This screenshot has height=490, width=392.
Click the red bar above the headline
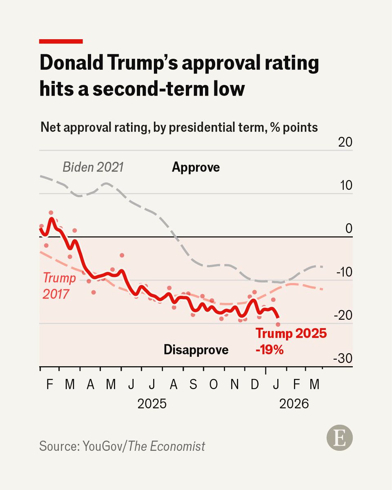tap(61, 41)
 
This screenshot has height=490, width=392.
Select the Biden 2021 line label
tap(93, 167)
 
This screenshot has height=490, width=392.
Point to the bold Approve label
tap(196, 167)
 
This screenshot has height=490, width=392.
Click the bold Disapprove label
tap(196, 350)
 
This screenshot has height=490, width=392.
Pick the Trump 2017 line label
tap(60, 285)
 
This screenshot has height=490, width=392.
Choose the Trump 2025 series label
tap(291, 334)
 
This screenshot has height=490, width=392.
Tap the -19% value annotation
tap(269, 350)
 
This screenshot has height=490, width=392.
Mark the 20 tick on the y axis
tap(344, 143)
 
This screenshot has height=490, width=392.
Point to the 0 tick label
tap(348, 229)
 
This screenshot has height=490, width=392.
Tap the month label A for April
tap(90, 385)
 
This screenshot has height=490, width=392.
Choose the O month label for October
tap(213, 385)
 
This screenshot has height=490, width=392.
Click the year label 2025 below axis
tap(152, 404)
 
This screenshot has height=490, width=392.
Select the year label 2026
tap(294, 404)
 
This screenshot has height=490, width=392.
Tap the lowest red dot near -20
tap(278, 324)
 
